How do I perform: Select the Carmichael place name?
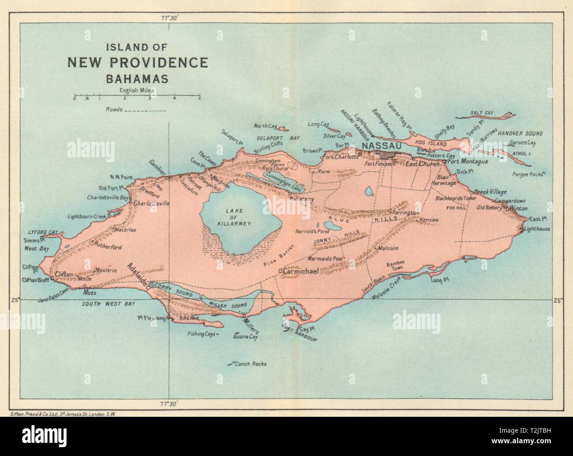point(302,271)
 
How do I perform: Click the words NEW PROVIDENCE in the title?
point(137,63)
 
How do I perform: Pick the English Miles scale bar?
point(137,95)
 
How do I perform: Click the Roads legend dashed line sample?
point(145,110)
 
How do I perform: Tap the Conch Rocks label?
point(251,364)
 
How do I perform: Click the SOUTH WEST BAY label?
point(108,304)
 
